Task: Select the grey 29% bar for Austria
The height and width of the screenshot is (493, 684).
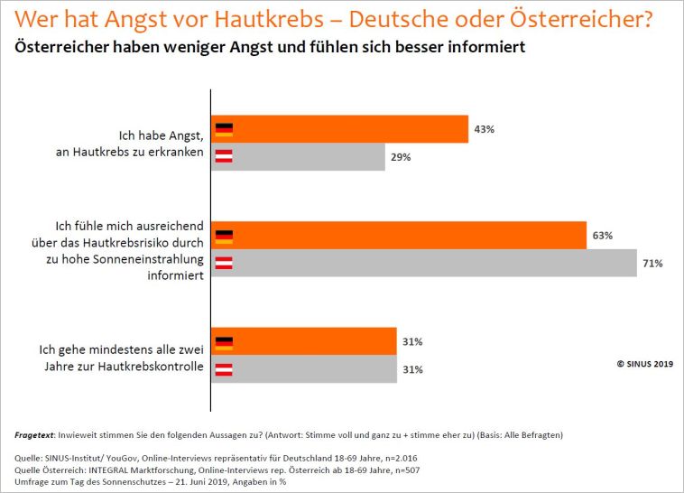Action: [298, 157]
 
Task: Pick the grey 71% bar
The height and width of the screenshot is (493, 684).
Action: [423, 263]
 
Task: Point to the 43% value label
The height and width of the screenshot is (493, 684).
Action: [484, 129]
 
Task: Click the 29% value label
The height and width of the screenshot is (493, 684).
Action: [401, 157]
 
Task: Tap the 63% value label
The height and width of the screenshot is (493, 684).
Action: [602, 235]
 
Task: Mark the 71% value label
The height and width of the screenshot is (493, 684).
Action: [652, 264]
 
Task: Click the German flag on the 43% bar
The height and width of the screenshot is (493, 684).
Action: [225, 129]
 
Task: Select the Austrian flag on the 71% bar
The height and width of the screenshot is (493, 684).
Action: [225, 263]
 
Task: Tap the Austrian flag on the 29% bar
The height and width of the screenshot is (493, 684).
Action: [225, 157]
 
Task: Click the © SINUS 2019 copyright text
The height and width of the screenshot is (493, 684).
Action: [644, 363]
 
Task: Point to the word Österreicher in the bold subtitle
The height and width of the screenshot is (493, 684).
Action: [63, 46]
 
